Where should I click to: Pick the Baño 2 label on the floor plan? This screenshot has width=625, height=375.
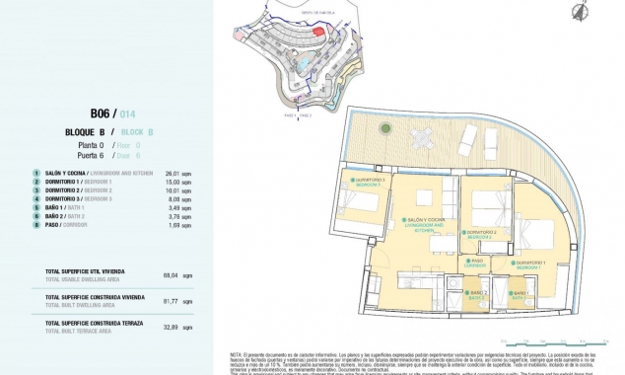coord(477,293)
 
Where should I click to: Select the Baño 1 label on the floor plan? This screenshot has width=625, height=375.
coord(520,293)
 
